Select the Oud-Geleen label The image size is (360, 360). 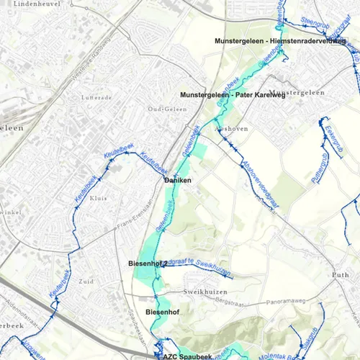pyautogui.click(x=162, y=109)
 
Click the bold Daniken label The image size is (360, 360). pyautogui.click(x=178, y=180)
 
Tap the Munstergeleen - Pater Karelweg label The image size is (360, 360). pyautogui.click(x=233, y=96)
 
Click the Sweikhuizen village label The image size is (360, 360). pyautogui.click(x=199, y=293)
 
